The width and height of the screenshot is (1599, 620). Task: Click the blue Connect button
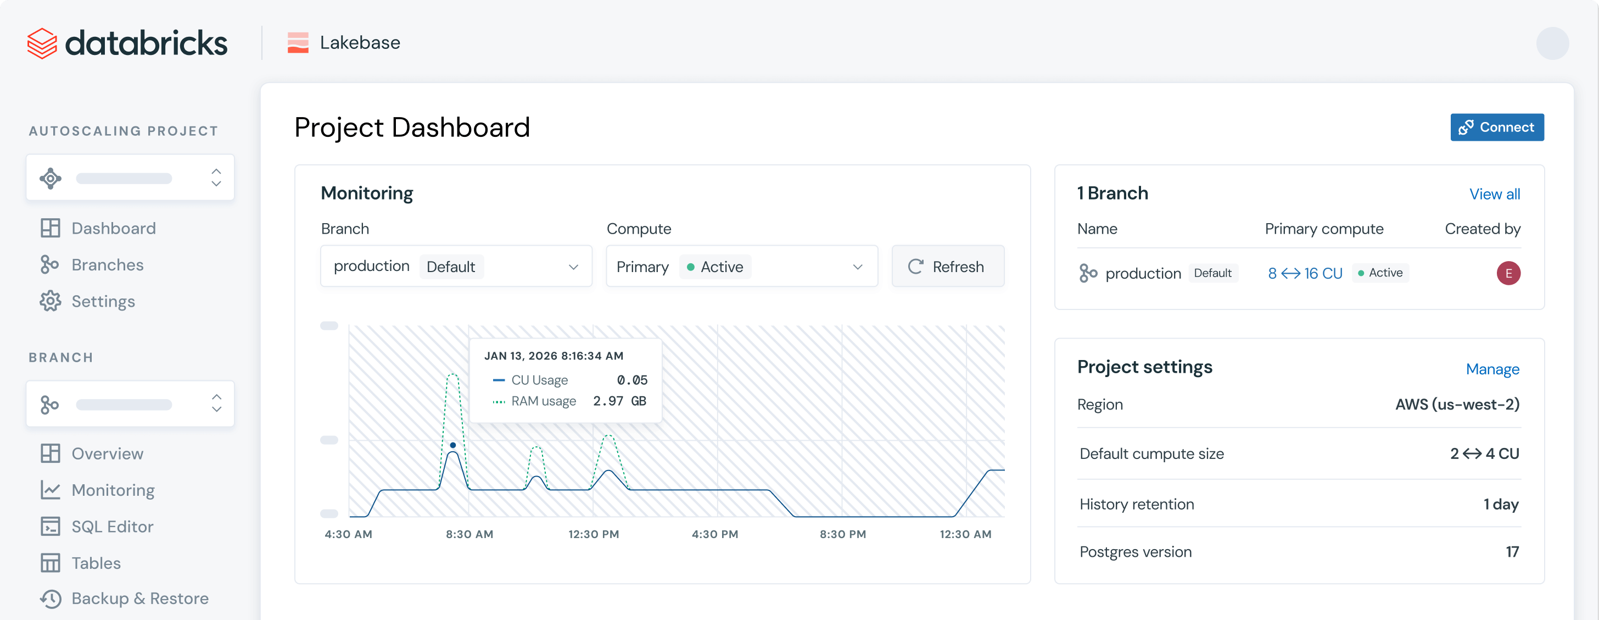(1496, 128)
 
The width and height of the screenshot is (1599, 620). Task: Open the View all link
(1494, 194)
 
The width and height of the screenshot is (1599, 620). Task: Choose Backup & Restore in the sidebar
(139, 598)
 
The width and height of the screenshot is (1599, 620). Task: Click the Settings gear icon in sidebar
(51, 301)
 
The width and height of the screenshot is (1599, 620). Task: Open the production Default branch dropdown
(456, 267)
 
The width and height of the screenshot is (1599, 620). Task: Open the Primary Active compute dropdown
(741, 267)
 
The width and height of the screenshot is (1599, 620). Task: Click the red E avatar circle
(1508, 273)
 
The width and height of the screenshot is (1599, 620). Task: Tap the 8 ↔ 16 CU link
(1305, 273)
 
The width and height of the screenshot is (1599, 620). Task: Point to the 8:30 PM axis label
(842, 534)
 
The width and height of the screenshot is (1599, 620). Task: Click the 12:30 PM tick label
(594, 534)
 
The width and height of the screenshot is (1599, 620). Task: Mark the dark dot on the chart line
(453, 445)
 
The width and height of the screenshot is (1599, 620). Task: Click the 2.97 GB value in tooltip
(619, 401)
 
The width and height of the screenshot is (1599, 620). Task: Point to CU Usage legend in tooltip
(539, 380)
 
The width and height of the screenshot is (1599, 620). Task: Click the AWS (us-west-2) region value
(1457, 405)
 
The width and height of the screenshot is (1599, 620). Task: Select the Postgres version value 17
(1512, 552)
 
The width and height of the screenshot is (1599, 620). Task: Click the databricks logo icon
(42, 43)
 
